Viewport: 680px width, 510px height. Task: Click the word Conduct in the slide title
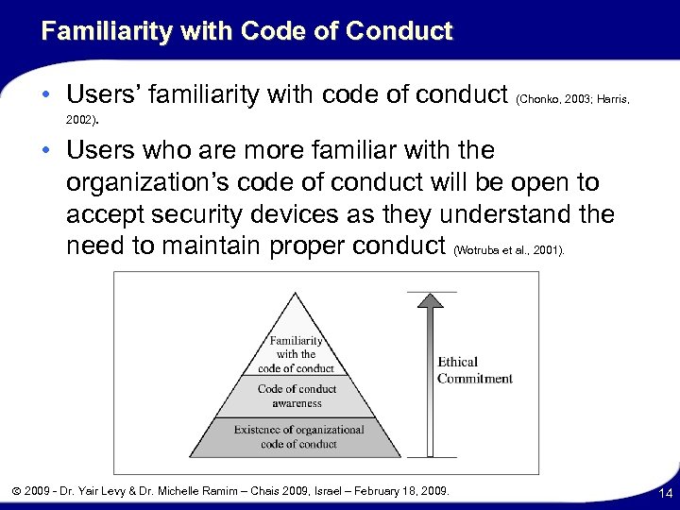(399, 32)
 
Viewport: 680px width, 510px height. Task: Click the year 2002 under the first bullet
(80, 121)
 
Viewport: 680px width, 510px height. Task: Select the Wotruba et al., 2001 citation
(510, 251)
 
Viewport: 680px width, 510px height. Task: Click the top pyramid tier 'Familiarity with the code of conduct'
(297, 354)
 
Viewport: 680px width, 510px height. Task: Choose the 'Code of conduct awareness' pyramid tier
(297, 395)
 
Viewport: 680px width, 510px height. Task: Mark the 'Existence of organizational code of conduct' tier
(297, 436)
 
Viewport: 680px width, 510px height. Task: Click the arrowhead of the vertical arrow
(430, 303)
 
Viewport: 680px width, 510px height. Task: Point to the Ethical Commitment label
(474, 370)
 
